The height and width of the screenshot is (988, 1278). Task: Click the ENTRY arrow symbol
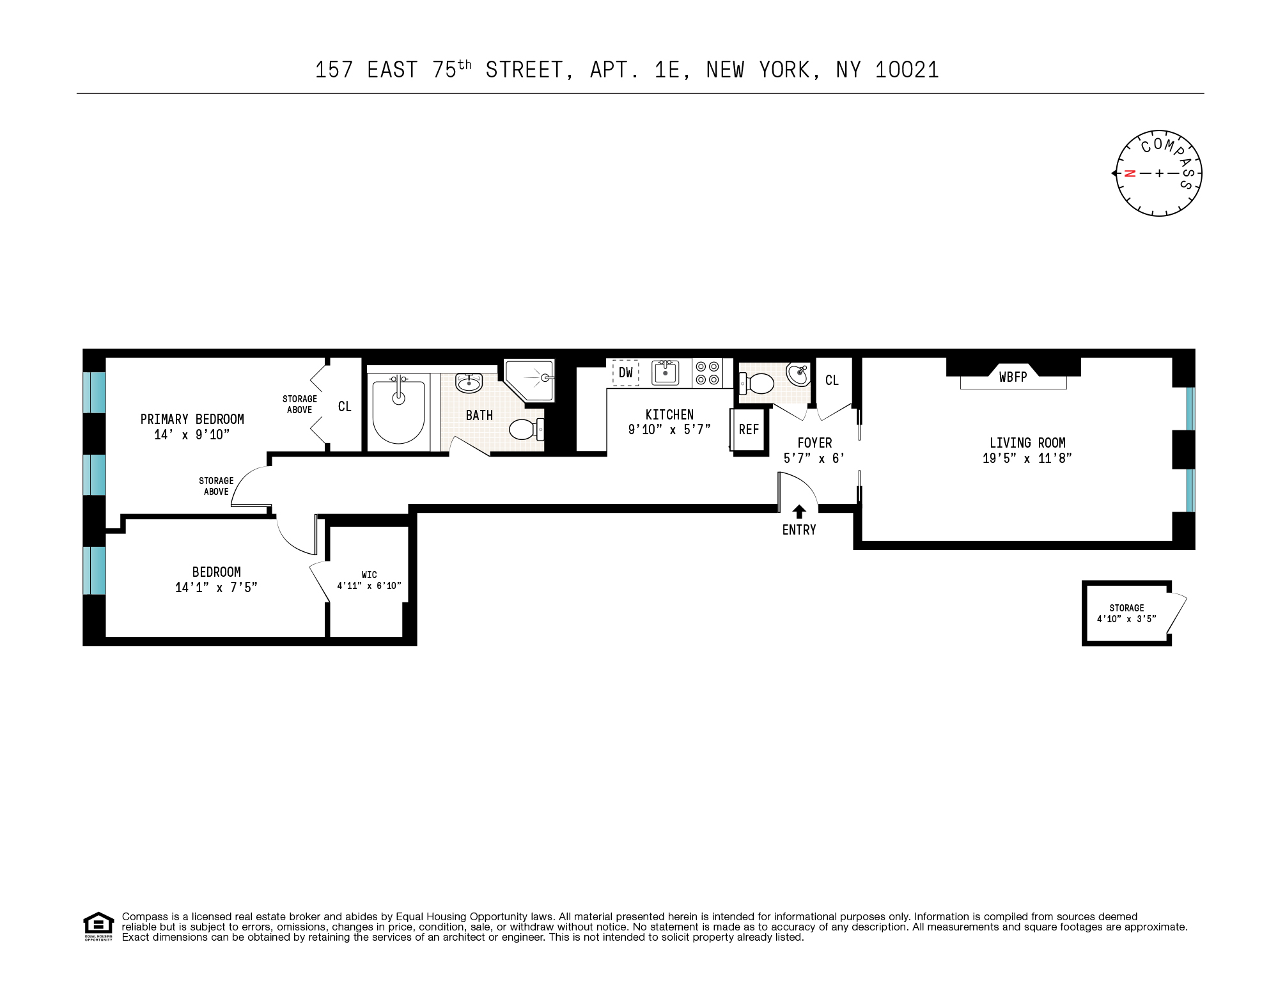[799, 512]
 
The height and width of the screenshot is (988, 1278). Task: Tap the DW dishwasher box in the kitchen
[625, 373]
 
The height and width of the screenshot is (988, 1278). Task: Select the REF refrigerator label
[749, 430]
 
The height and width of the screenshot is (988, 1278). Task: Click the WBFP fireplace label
[1013, 377]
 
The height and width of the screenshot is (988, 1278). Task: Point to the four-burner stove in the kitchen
[707, 373]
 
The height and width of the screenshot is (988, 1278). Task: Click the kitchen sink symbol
[665, 372]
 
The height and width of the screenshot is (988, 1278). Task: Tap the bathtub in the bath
[398, 411]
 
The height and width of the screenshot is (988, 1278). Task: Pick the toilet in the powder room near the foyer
[758, 384]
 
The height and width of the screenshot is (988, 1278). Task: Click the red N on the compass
[1130, 173]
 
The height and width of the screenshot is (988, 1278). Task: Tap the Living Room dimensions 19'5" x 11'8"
[1027, 459]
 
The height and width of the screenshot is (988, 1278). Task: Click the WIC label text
[369, 575]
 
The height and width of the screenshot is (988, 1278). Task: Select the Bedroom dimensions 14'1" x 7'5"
[216, 588]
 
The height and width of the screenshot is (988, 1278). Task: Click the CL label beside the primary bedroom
[345, 407]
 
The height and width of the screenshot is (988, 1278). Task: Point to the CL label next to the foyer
[831, 380]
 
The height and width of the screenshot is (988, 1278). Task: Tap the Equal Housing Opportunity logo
[98, 926]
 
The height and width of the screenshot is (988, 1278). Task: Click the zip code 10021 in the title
[907, 70]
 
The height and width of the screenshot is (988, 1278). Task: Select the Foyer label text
[814, 443]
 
